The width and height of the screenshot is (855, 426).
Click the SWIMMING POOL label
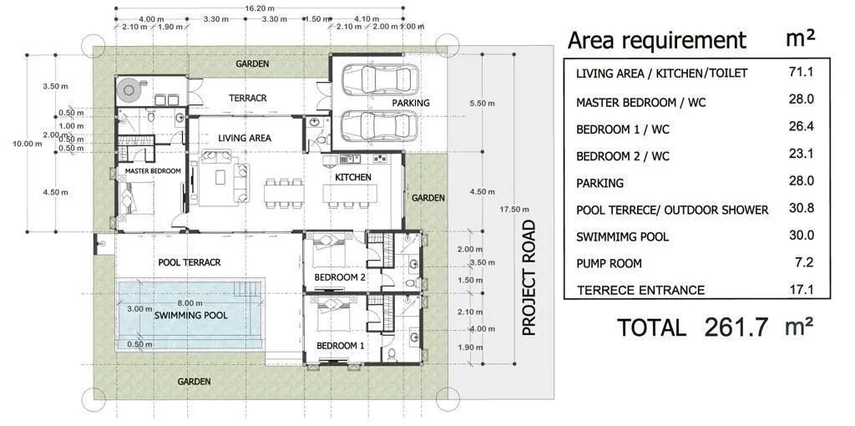[x=190, y=315]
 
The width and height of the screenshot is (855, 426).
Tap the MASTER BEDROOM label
[x=153, y=170]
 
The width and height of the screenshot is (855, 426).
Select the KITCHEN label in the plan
[x=353, y=177]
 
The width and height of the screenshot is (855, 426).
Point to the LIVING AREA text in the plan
[x=245, y=138]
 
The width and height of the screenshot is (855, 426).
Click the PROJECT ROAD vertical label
[x=529, y=277]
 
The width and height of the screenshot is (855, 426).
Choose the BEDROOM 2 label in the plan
[x=340, y=277]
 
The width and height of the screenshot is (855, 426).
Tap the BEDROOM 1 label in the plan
[x=340, y=345]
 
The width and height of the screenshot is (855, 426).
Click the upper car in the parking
[x=380, y=80]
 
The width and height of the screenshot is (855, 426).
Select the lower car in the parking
[x=380, y=125]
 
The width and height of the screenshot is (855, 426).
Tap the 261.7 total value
[x=736, y=327]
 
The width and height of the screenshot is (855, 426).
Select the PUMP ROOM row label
[x=609, y=264]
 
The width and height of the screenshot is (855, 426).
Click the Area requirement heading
[x=656, y=40]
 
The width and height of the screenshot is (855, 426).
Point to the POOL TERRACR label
[x=190, y=262]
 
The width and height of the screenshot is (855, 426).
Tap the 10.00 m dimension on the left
[x=28, y=144]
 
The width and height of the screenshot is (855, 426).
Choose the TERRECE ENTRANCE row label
[x=640, y=290]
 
